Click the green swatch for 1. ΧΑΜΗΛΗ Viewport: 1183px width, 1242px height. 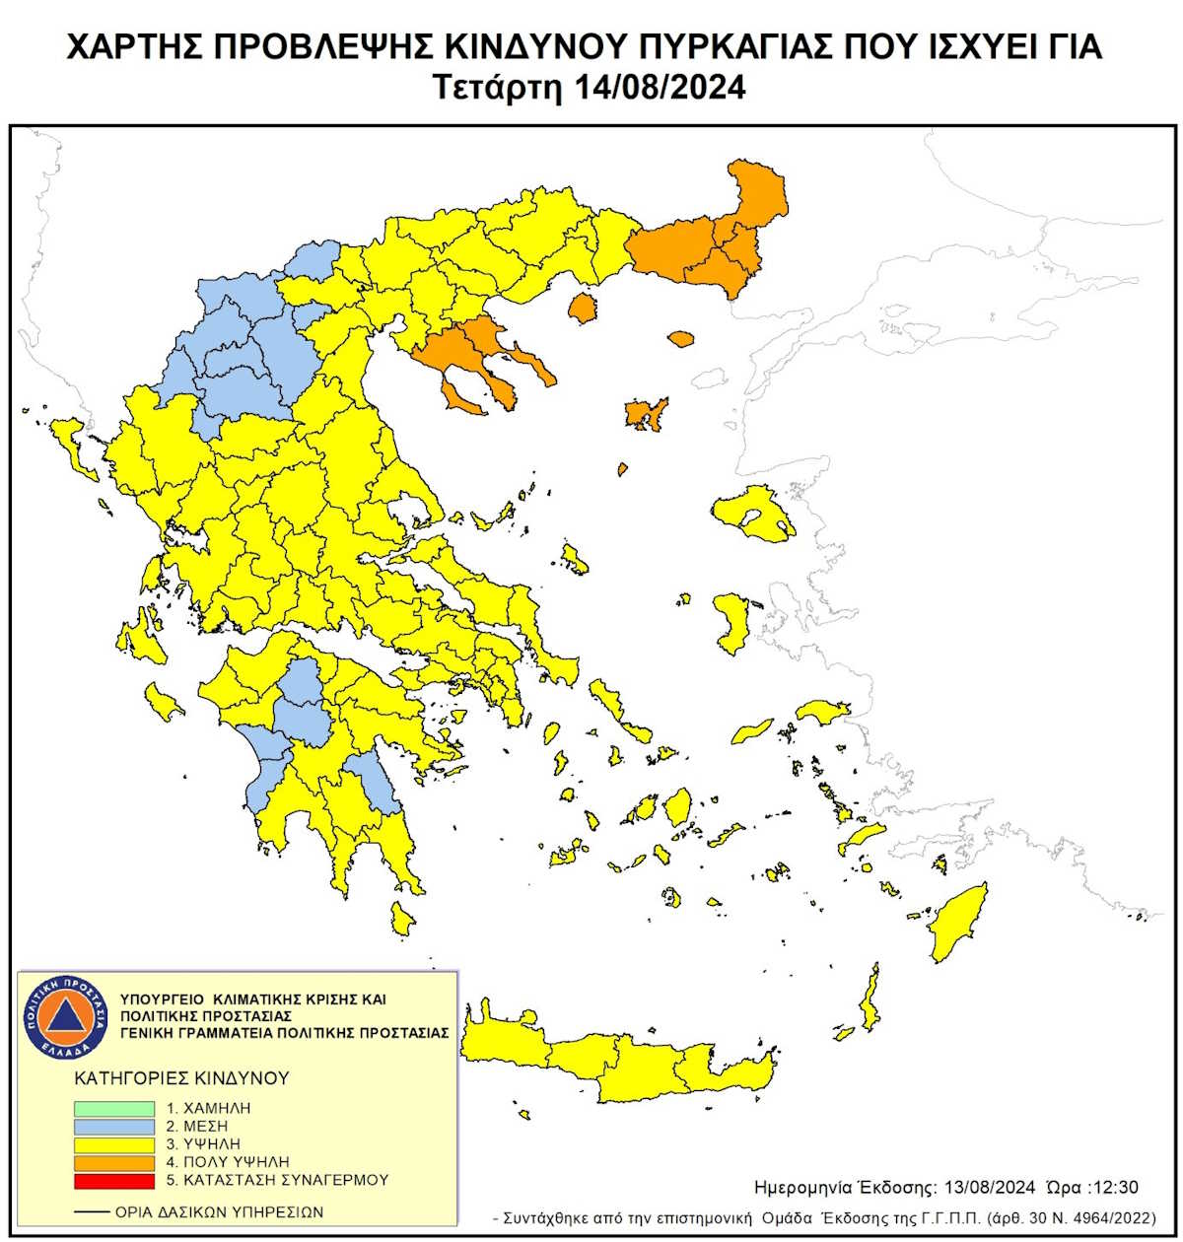tap(114, 1108)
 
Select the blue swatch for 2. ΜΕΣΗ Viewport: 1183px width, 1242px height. tap(114, 1126)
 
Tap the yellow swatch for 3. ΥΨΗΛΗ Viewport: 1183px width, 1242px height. tap(114, 1144)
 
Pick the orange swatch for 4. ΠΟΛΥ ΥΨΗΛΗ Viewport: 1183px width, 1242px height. tap(114, 1162)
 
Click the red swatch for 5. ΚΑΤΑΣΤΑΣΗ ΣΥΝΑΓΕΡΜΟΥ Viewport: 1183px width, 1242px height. tap(114, 1180)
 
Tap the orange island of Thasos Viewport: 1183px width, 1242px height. tap(583, 309)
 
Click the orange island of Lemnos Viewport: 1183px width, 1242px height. tap(647, 415)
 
